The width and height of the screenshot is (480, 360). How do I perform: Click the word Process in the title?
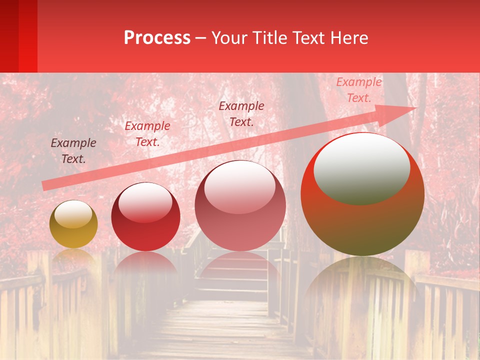point(157,38)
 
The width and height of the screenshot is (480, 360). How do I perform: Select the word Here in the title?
point(349,38)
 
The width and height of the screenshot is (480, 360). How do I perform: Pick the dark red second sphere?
point(145,225)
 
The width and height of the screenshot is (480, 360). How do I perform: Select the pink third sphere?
point(240,220)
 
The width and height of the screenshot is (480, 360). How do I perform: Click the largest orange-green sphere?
point(362,220)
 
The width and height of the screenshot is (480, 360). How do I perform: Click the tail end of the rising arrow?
point(44,186)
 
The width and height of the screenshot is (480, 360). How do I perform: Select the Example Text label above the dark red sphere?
point(147,134)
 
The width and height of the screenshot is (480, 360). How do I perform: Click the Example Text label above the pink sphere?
point(241,114)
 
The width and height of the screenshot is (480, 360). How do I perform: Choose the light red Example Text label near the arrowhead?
point(359,90)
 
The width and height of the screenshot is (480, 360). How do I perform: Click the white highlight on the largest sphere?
point(361,167)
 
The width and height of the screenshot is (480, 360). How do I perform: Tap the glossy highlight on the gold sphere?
point(73,214)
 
